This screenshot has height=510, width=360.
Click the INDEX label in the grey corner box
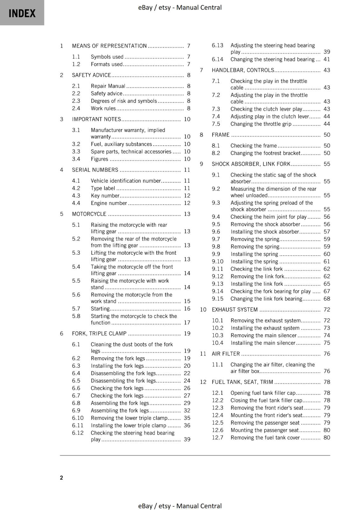[22, 13]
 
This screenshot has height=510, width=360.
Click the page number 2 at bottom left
[61, 477]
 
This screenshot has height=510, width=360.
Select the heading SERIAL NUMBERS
[95, 170]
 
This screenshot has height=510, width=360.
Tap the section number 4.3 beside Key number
[76, 196]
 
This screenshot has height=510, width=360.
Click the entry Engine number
[109, 203]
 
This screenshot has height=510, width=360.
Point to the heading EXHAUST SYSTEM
[234, 310]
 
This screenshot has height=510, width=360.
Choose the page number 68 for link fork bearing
[327, 299]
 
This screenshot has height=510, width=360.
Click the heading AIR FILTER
[226, 354]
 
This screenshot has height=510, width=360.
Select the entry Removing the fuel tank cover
[265, 438]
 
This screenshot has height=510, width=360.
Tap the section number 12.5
[218, 423]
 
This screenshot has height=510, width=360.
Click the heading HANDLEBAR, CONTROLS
[243, 70]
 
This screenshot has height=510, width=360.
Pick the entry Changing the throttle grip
[261, 124]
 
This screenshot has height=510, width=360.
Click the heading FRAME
[220, 135]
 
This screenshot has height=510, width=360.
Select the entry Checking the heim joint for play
[268, 217]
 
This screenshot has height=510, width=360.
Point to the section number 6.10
[77, 418]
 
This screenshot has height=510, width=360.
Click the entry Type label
[103, 188]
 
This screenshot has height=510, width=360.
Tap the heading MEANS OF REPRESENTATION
[109, 46]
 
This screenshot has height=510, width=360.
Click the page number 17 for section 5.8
[187, 323]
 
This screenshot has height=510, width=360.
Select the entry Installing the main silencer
[263, 343]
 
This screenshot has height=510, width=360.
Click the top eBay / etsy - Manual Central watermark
[180, 7]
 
